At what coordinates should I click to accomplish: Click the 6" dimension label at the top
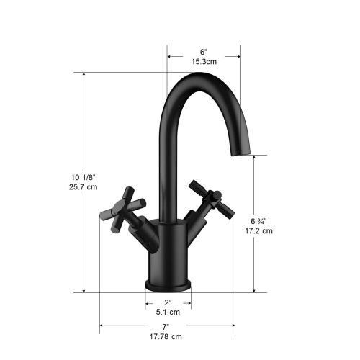click(x=204, y=52)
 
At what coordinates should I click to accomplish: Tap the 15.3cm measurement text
click(x=204, y=63)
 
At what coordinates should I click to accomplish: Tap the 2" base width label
click(x=169, y=302)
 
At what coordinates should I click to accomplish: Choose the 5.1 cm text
click(x=169, y=312)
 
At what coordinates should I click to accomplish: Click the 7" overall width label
click(x=166, y=326)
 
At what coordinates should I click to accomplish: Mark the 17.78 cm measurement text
click(x=166, y=336)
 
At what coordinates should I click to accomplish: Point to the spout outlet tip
click(x=240, y=151)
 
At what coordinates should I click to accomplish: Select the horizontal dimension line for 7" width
click(x=130, y=326)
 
